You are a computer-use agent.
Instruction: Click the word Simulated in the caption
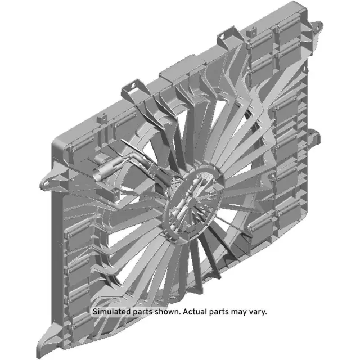110,311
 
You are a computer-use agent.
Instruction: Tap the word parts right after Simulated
142,312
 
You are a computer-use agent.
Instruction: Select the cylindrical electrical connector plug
105,169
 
